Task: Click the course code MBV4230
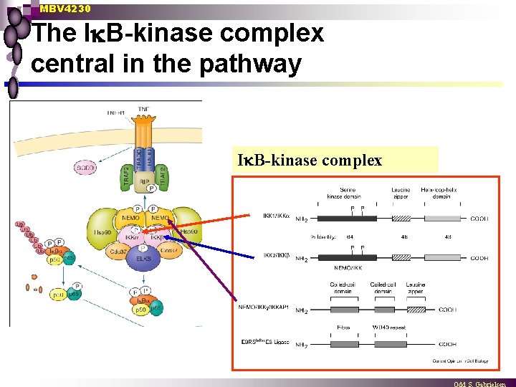click(x=65, y=9)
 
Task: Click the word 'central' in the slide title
click(x=75, y=64)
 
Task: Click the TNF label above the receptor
click(x=143, y=110)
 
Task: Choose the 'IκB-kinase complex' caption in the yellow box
click(x=310, y=161)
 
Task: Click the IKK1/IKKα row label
click(x=274, y=214)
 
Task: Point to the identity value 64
click(x=350, y=235)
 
